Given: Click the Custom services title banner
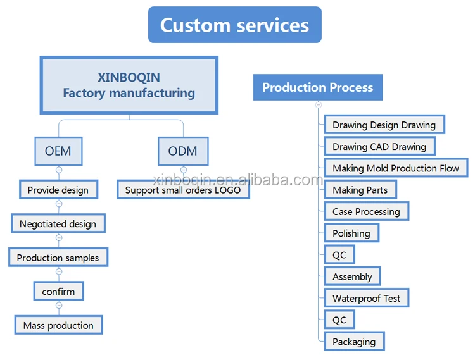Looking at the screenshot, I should [x=234, y=25].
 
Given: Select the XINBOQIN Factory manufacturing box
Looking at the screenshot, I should [x=129, y=85].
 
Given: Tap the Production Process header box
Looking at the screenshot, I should [x=317, y=87].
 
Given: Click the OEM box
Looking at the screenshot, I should [x=58, y=151].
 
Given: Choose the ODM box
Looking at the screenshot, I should [x=182, y=151].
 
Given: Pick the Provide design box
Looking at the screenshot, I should [x=58, y=189].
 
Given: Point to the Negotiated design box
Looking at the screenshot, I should [x=58, y=223].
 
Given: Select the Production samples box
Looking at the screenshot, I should [x=58, y=258].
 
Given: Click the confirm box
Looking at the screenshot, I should [x=58, y=292].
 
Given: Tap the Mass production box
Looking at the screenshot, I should [x=58, y=325].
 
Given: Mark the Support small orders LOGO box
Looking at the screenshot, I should [x=183, y=189].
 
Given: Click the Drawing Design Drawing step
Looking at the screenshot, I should [x=384, y=125].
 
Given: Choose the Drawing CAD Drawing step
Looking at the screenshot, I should [x=379, y=146].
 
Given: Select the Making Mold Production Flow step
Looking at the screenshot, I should [x=396, y=168].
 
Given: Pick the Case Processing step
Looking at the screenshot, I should [x=366, y=211].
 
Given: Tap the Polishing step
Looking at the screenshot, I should [x=351, y=233].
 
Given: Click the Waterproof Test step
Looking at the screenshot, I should [x=366, y=298].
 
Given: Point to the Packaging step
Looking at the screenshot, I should [x=354, y=342].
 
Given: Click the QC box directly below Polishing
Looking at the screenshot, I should [x=339, y=254].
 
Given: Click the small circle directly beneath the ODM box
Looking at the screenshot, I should [x=183, y=170].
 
